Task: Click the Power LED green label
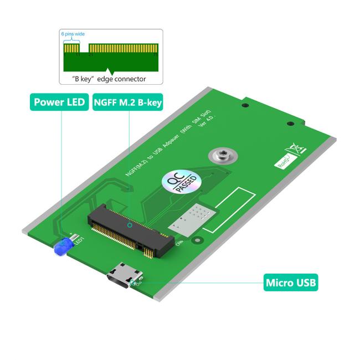59,102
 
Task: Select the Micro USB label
291,283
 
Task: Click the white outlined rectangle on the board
229,210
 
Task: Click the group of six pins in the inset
71,50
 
